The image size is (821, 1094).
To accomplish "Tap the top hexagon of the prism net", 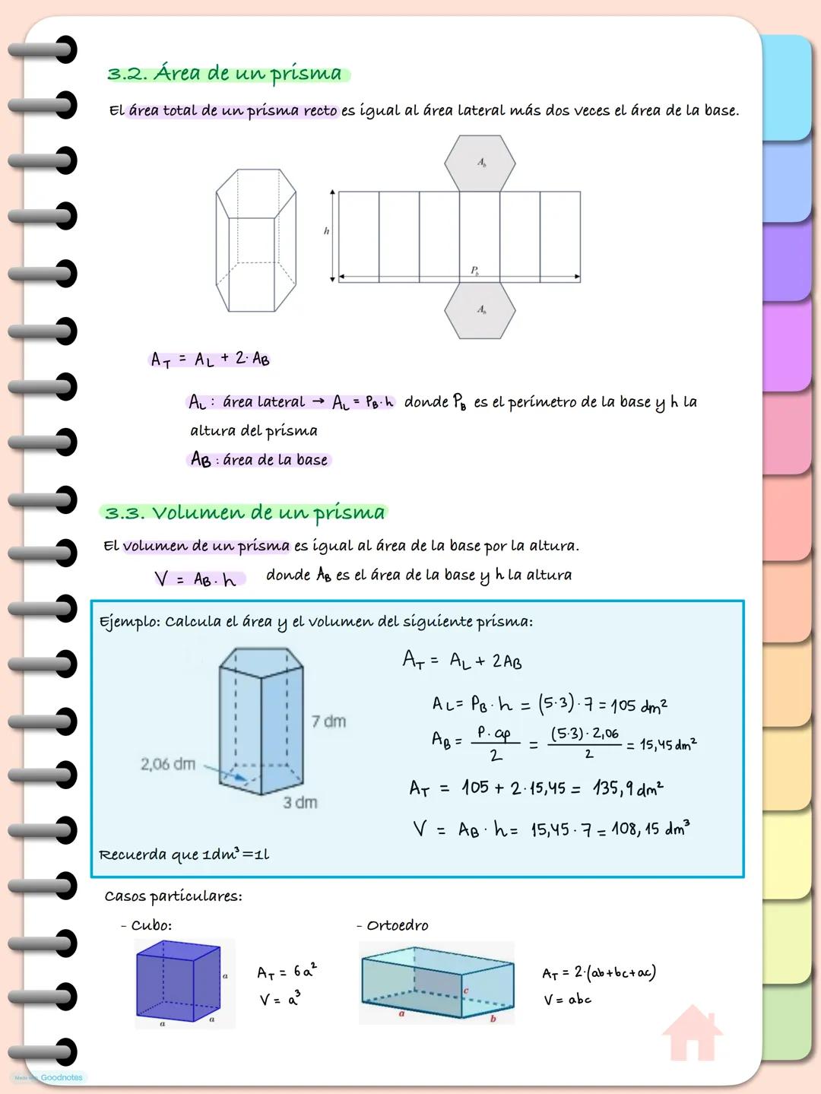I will [x=480, y=163].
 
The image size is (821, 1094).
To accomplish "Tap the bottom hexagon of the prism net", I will [x=480, y=310].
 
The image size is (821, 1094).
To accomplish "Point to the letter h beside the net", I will [x=327, y=231].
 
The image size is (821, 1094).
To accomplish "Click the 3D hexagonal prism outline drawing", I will [x=255, y=240].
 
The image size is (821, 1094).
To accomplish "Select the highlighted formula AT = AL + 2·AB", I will [x=210, y=359].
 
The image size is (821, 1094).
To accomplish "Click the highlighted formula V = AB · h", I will [x=196, y=579].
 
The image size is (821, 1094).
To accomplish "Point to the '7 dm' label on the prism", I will [x=328, y=721].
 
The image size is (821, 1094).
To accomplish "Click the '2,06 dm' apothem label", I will [x=167, y=763].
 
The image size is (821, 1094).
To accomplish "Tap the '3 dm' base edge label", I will [x=300, y=802].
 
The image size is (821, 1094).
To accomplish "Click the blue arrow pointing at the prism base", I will [x=227, y=774].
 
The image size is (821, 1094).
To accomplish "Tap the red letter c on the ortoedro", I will [x=466, y=991].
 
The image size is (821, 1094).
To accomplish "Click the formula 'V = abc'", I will [x=567, y=1000].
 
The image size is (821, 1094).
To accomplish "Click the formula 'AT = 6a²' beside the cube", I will [x=287, y=972].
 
